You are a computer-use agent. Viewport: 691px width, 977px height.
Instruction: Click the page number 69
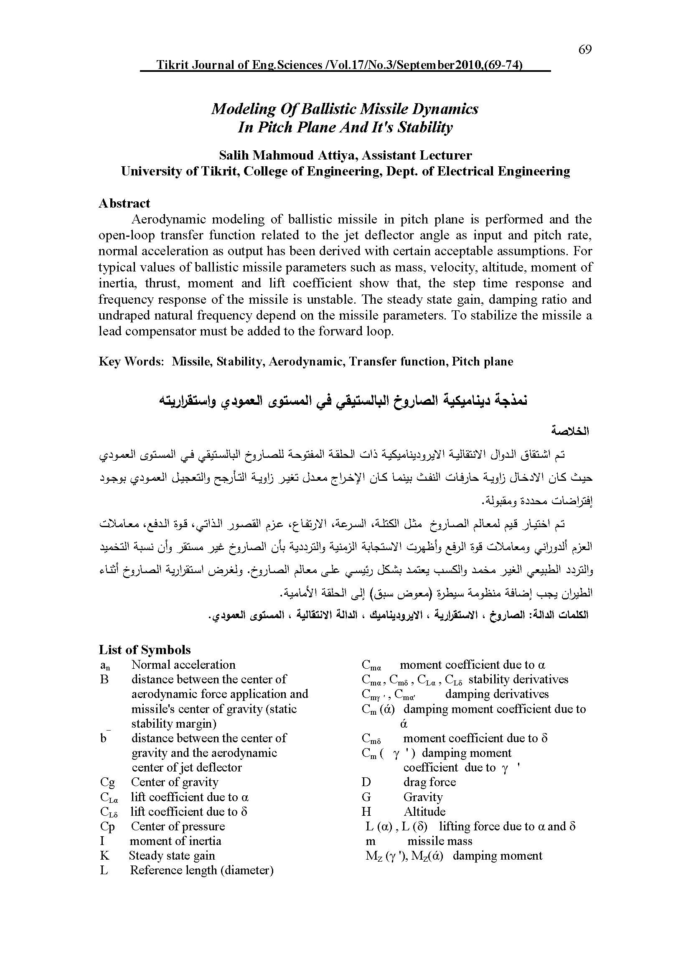click(x=584, y=50)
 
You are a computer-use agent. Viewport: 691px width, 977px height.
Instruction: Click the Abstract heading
click(x=124, y=203)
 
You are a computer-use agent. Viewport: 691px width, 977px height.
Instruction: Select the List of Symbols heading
click(x=145, y=650)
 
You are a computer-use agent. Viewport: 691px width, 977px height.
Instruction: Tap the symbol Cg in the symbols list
click(x=107, y=782)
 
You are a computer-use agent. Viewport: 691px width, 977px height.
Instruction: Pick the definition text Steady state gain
click(x=172, y=856)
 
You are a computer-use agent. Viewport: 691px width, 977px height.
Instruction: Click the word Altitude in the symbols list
click(x=424, y=812)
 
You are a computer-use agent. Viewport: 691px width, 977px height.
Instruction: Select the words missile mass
click(x=439, y=841)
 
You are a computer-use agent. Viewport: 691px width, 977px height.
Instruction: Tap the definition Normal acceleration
click(x=183, y=665)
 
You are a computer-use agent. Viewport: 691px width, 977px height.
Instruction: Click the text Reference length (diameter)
click(x=201, y=870)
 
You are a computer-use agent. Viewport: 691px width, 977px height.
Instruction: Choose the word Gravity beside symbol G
click(x=423, y=797)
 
